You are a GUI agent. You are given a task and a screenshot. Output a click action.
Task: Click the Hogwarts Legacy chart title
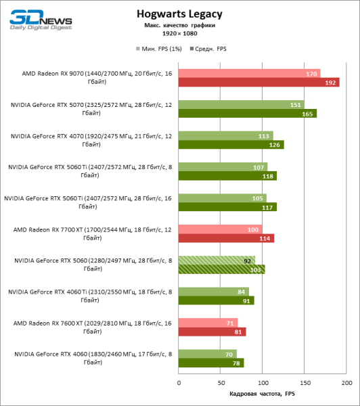(x=179, y=13)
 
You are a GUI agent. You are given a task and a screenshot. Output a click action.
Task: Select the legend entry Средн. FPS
(x=212, y=49)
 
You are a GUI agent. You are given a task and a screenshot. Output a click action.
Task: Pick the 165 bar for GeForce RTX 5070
(x=247, y=114)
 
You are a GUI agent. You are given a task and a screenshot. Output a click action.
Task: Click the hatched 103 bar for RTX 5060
(x=221, y=269)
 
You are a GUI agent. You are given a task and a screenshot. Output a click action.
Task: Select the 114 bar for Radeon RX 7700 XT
(x=226, y=238)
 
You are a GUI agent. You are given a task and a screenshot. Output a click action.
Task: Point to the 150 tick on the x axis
(x=305, y=382)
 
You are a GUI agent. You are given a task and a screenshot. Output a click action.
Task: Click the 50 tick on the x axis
(x=221, y=382)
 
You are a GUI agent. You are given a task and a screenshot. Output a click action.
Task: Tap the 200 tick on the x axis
(x=346, y=382)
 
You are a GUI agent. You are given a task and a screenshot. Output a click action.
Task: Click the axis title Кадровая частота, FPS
(x=262, y=394)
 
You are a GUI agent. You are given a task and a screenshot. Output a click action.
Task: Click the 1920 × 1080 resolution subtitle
(x=179, y=33)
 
